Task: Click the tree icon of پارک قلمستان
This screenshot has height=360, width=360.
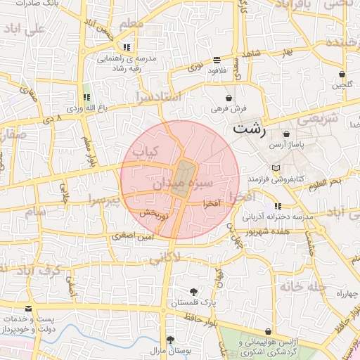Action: pyautogui.click(x=193, y=291)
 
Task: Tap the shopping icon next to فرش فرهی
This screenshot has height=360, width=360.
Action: pyautogui.click(x=229, y=97)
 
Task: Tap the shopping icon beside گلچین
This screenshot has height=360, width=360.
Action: pyautogui.click(x=342, y=74)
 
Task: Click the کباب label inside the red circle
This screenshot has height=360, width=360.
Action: pyautogui.click(x=147, y=150)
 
